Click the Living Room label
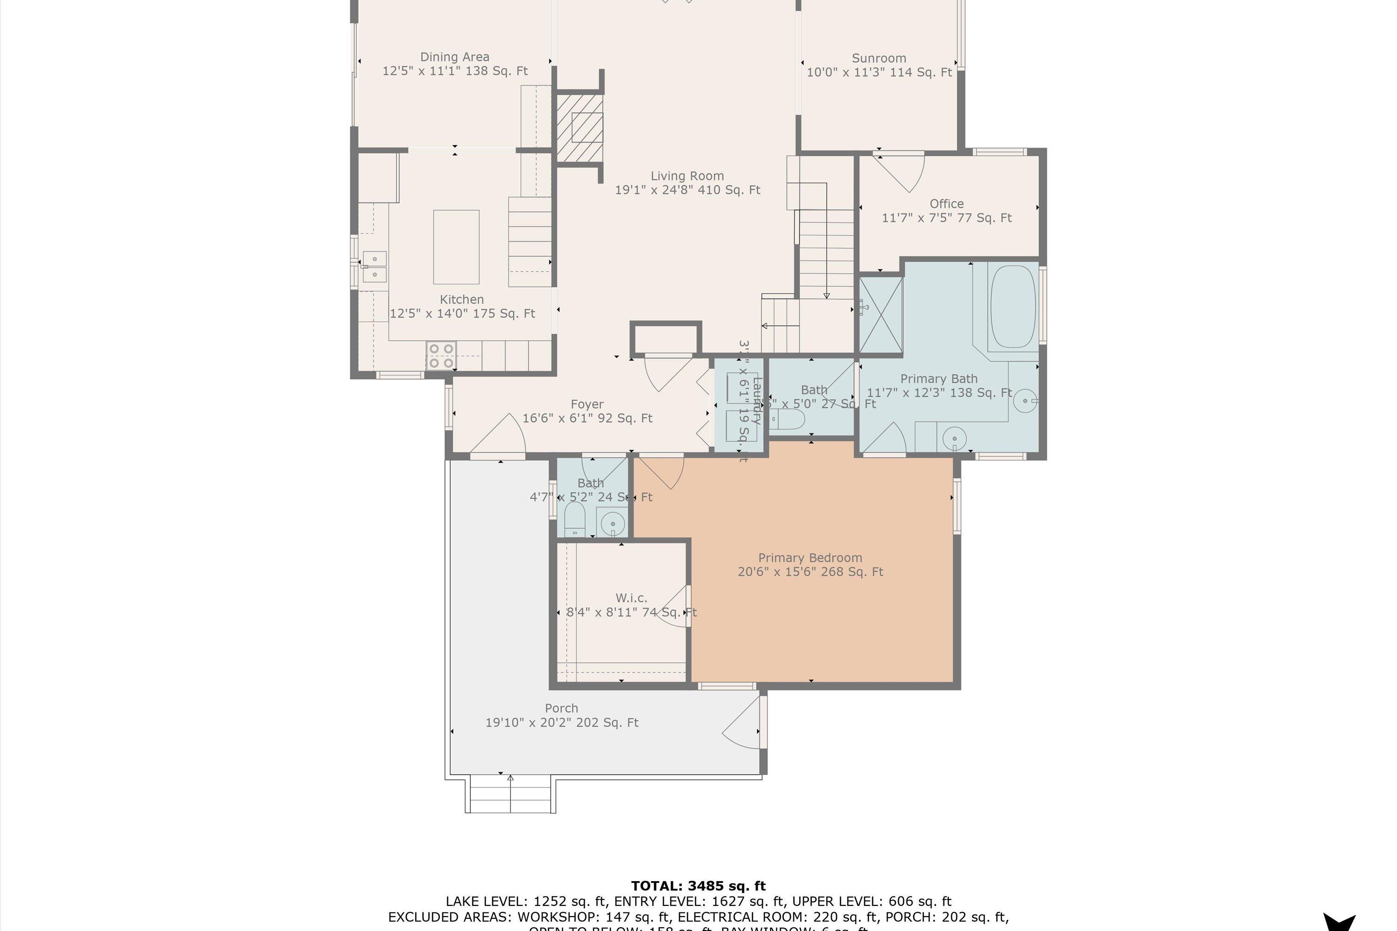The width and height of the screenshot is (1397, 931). [x=687, y=176]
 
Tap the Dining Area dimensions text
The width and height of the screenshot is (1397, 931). [x=454, y=71]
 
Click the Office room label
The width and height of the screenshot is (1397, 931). [x=946, y=204]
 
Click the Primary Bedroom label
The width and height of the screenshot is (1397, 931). [x=810, y=558]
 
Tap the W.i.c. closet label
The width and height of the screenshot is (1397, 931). [x=631, y=598]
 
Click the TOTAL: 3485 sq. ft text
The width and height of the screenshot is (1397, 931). [x=698, y=886]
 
